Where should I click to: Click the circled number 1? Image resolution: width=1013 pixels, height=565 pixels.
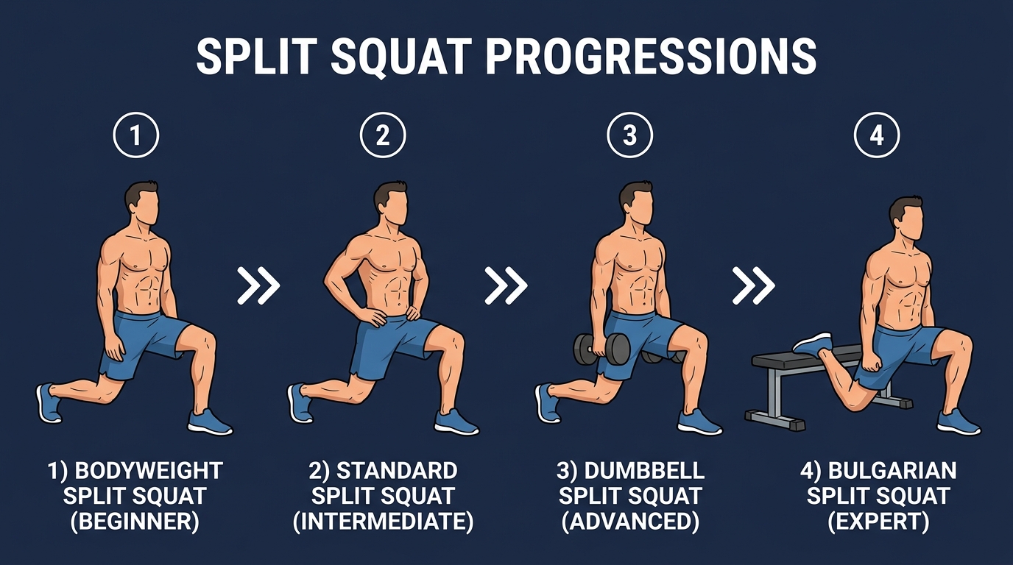(135, 135)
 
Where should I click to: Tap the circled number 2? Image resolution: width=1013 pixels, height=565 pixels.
(383, 135)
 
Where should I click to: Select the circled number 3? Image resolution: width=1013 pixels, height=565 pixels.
(630, 135)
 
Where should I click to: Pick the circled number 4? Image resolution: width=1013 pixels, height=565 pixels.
(877, 135)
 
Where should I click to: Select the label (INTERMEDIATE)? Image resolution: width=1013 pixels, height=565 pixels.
(383, 522)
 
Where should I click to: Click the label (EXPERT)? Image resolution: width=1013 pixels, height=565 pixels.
(878, 522)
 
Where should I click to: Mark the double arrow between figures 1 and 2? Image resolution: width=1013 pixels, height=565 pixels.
(258, 285)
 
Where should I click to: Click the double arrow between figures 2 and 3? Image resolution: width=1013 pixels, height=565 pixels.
(506, 285)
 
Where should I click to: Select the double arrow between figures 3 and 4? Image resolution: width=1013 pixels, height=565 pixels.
(753, 285)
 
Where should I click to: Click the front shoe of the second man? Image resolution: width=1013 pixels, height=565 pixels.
(456, 422)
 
